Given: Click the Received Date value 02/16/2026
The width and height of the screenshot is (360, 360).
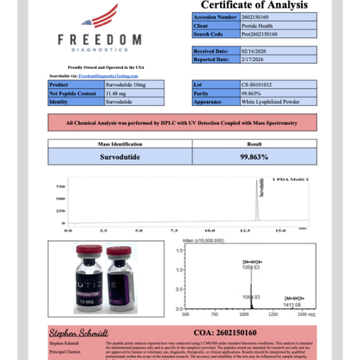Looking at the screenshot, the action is tap(263, 50).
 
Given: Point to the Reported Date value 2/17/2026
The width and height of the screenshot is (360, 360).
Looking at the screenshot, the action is tap(262, 59).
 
